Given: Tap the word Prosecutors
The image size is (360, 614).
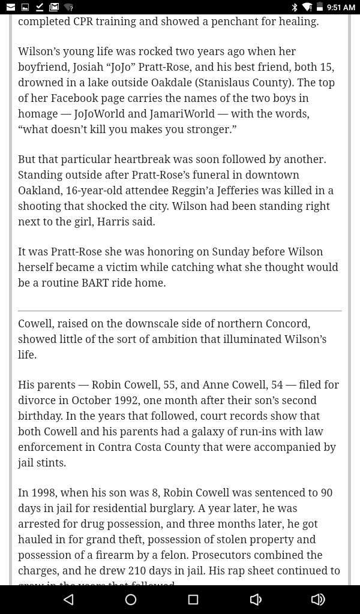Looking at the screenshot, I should pos(221,555).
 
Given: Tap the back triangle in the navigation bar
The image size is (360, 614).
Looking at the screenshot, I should pos(68,600).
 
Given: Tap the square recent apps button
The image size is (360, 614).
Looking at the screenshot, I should pos(193,600).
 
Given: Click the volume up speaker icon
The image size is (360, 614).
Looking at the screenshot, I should pos(318,600).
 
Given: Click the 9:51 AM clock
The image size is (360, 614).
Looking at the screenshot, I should pos(341,7).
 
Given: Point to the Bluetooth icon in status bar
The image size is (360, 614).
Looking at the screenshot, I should pos(295,7).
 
